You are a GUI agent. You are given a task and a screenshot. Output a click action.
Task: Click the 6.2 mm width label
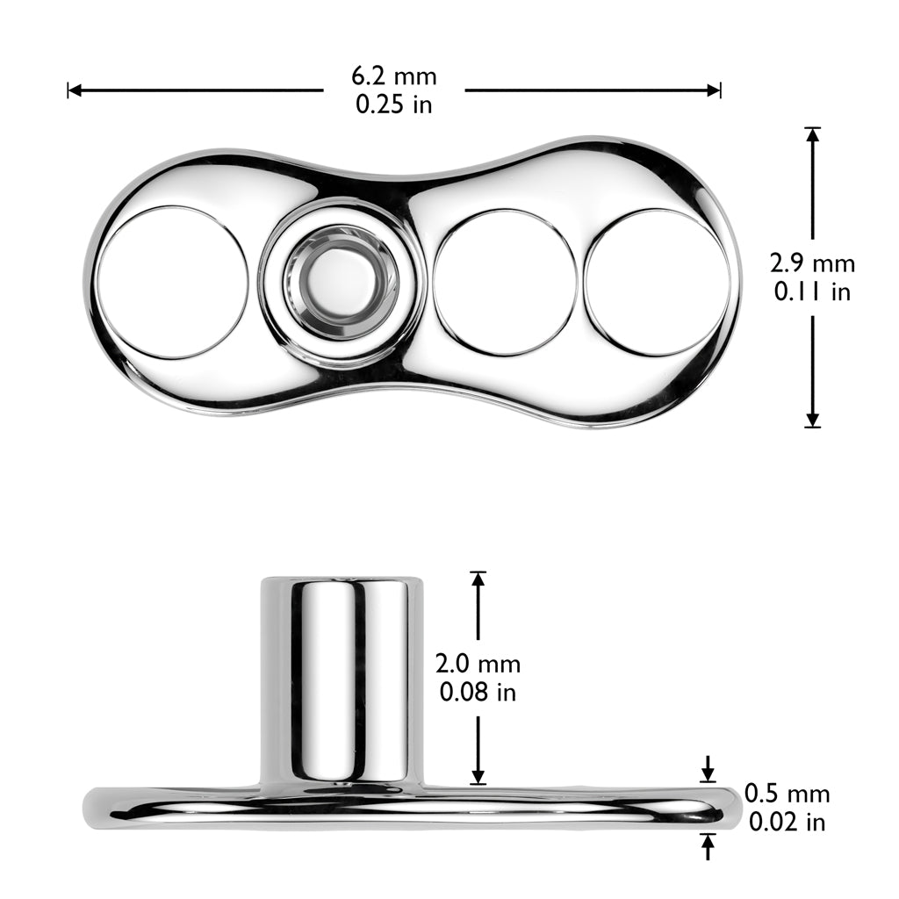pos(394,76)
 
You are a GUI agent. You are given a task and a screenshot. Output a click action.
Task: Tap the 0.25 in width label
pos(394,104)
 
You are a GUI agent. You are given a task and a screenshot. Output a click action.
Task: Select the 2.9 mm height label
pos(812,263)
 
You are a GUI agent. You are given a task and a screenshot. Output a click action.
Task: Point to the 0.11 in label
pos(812,291)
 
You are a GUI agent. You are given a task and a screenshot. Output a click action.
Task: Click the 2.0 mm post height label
pos(478,664)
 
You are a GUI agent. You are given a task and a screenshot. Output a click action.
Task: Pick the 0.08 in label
pos(478,692)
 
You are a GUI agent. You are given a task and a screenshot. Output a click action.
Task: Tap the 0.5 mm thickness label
pos(787,794)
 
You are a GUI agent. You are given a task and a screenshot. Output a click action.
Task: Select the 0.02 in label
pos(787,822)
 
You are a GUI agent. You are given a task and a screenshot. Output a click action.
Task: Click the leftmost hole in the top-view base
pos(172,282)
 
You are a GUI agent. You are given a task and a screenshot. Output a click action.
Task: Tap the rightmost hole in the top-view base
pos(657,282)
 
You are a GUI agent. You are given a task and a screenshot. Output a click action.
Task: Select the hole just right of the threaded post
pos(505,282)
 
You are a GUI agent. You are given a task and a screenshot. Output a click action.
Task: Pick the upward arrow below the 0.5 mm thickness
pos(708,846)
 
